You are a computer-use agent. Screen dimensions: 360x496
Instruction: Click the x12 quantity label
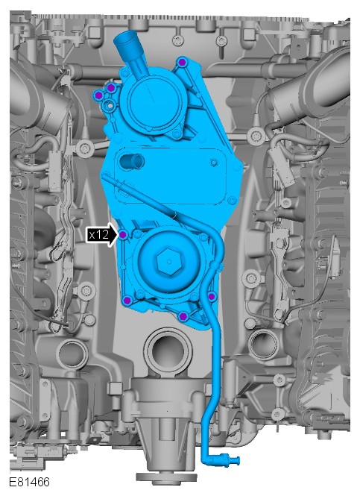click(98, 235)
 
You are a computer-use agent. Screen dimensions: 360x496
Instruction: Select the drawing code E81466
click(29, 482)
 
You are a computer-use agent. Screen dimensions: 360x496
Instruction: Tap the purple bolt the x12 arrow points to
click(123, 235)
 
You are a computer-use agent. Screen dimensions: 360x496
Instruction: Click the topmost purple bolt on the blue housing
click(181, 63)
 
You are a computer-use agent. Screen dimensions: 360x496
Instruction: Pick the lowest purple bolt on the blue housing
click(183, 316)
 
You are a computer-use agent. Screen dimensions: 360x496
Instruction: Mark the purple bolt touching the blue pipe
click(212, 296)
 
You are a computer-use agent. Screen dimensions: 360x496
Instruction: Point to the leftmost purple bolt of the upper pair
click(98, 95)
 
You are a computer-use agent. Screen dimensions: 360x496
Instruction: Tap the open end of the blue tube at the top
click(123, 39)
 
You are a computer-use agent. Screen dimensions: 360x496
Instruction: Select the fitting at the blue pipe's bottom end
click(229, 459)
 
